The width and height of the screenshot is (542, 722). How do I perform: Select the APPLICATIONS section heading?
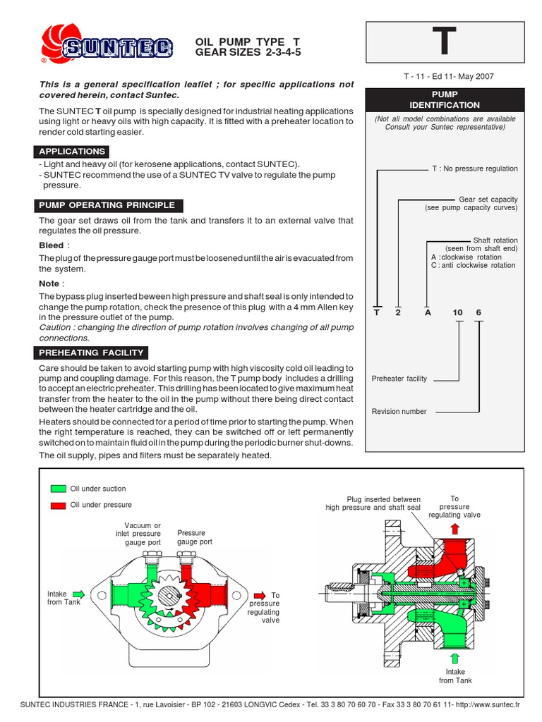click(x=72, y=152)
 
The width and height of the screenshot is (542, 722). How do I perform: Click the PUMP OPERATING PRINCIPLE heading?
click(x=107, y=205)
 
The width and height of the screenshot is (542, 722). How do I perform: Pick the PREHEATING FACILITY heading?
click(x=92, y=353)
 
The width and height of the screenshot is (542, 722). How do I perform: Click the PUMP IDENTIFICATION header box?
click(x=445, y=99)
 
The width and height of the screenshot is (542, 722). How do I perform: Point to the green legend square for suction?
click(x=58, y=489)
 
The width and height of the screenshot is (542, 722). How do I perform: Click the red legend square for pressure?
click(x=58, y=505)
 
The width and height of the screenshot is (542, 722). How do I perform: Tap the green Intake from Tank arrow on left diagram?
click(x=78, y=594)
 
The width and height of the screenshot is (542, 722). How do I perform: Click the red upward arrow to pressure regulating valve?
click(x=455, y=530)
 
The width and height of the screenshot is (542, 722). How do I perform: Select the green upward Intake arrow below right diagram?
click(x=456, y=659)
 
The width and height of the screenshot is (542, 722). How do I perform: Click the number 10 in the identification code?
click(x=457, y=312)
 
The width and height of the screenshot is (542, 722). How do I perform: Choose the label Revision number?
click(x=399, y=411)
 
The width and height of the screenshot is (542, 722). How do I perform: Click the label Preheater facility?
click(x=399, y=379)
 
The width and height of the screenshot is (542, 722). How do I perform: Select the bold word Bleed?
click(x=52, y=245)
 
